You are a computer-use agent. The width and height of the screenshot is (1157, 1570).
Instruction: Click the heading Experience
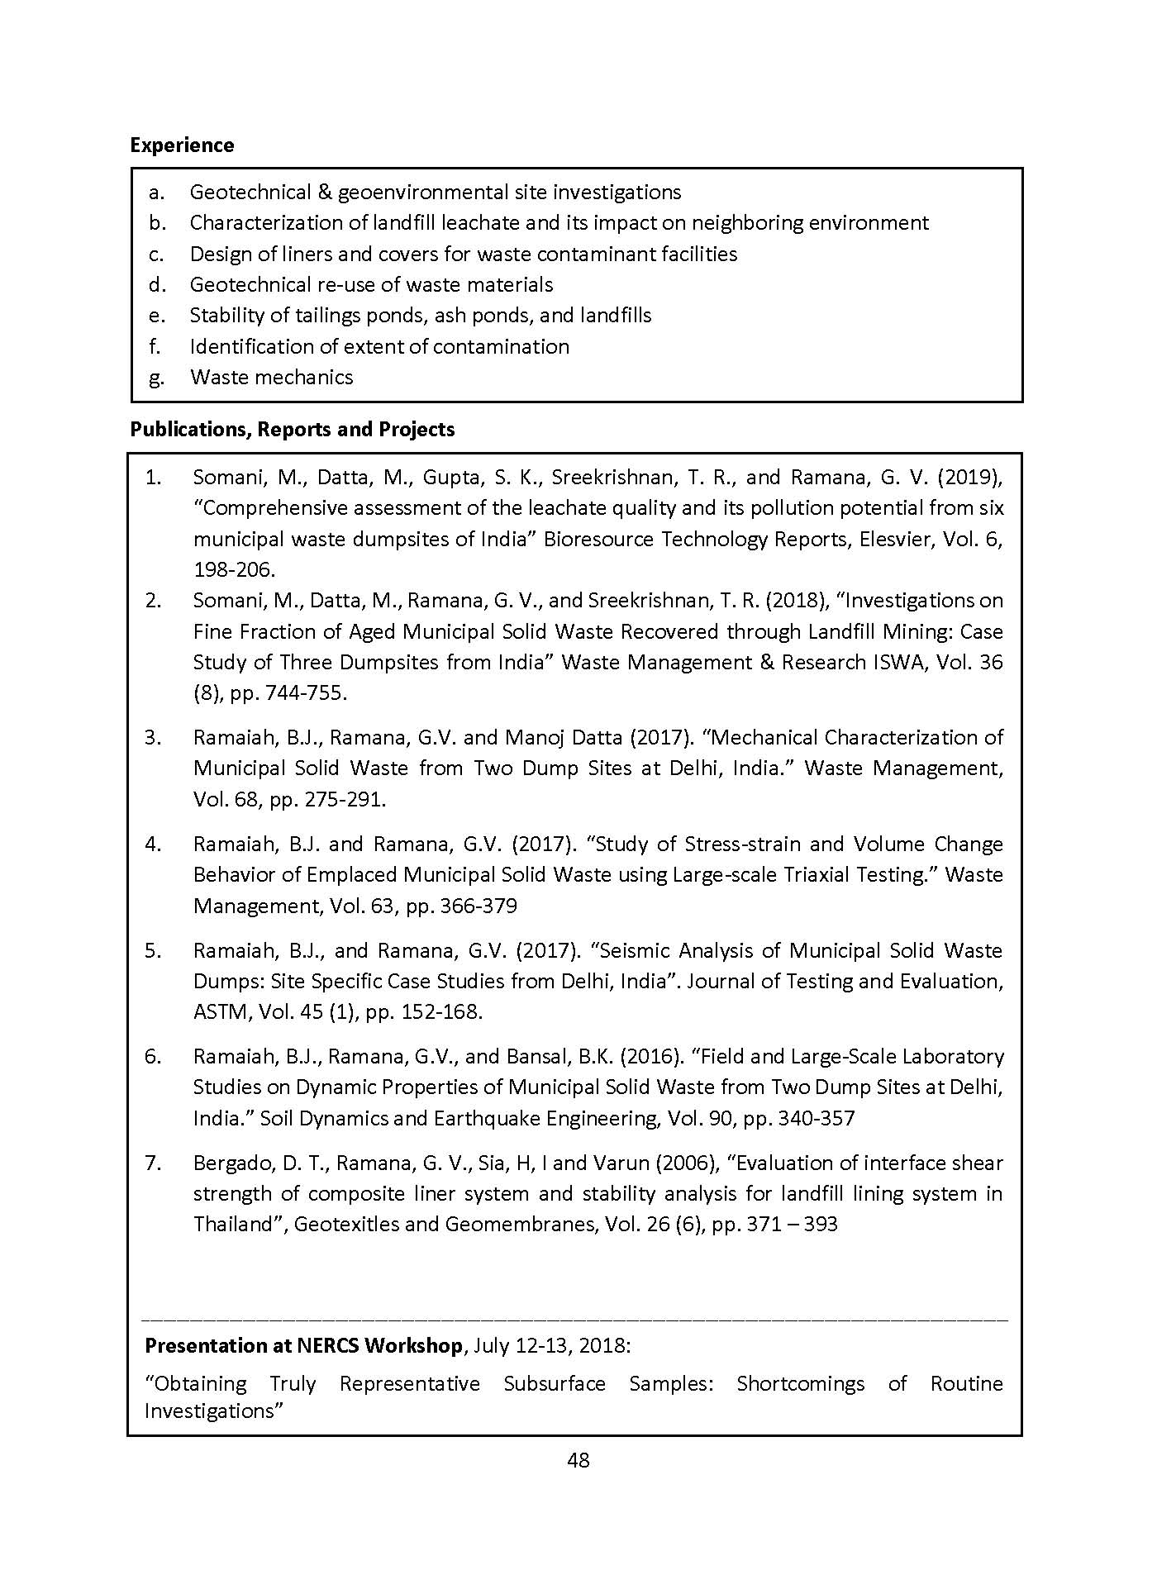click(182, 145)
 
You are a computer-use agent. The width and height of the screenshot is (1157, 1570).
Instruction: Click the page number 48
click(578, 1460)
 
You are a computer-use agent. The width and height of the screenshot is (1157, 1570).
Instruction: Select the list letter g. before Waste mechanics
click(156, 378)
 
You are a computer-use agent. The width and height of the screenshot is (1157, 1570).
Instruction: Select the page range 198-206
click(233, 569)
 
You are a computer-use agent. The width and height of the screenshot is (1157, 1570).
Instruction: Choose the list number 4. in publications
click(153, 844)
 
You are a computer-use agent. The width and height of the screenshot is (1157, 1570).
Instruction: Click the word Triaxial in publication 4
click(844, 874)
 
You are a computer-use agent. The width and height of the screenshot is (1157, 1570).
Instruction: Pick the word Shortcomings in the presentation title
click(800, 1383)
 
